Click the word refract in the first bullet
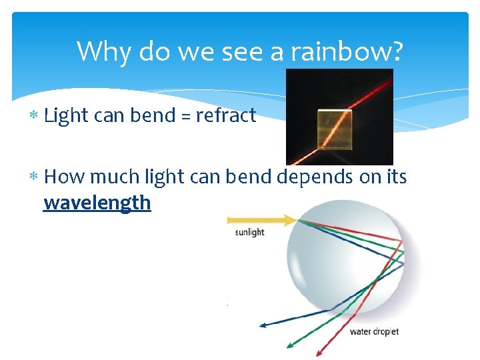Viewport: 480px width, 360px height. pyautogui.click(x=225, y=116)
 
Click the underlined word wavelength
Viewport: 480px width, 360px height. pyautogui.click(x=97, y=203)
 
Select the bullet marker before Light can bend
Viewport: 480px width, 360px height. pyautogui.click(x=34, y=117)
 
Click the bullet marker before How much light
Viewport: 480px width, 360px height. pyautogui.click(x=34, y=177)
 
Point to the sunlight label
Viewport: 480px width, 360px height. pyautogui.click(x=249, y=233)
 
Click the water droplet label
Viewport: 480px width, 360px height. pyautogui.click(x=374, y=331)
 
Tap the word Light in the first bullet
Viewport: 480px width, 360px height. pyautogui.click(x=66, y=116)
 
